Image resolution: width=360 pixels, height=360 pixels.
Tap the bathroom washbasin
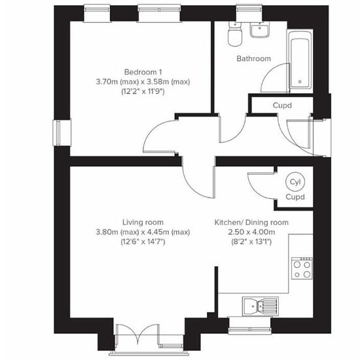(x=259, y=29)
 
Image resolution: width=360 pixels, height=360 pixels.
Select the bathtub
(x=300, y=62)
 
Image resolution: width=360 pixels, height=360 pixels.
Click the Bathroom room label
(x=253, y=58)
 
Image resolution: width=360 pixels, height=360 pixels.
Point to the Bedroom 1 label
(x=143, y=72)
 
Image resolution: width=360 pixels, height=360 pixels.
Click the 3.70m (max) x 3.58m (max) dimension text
(x=143, y=82)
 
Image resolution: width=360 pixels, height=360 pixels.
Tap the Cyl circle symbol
(x=295, y=182)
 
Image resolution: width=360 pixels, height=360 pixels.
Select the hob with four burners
(x=302, y=268)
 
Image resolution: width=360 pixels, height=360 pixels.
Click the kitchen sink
(x=261, y=306)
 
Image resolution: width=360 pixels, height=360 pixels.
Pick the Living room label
(x=143, y=223)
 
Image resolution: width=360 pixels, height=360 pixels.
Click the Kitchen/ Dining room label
(x=251, y=223)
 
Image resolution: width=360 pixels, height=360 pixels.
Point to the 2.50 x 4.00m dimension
(x=251, y=232)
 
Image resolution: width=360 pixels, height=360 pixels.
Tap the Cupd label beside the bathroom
(x=282, y=105)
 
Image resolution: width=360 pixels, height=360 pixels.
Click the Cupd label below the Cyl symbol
(x=295, y=197)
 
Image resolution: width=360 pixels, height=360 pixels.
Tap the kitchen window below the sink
(x=250, y=325)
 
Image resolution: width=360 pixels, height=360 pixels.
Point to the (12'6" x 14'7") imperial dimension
(x=143, y=242)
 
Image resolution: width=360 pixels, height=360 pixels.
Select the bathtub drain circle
(x=300, y=82)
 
